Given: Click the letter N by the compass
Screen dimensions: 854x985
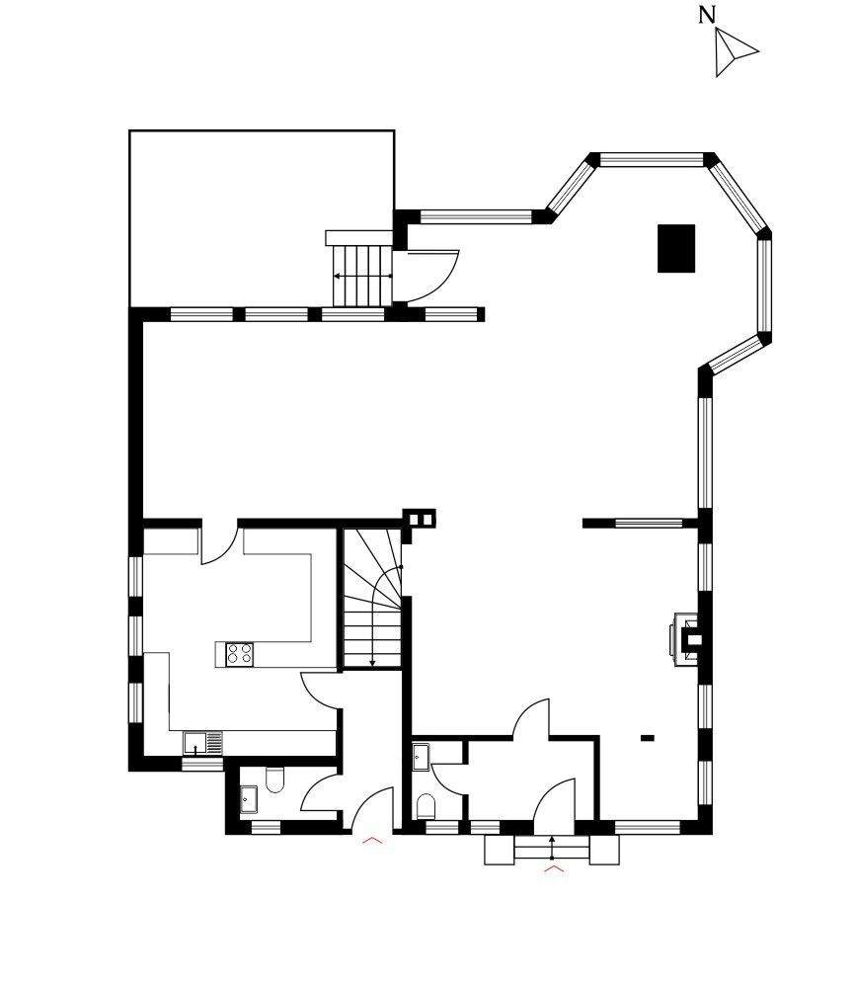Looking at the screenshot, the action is pos(707,15).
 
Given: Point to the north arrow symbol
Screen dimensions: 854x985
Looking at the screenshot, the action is pos(732,52).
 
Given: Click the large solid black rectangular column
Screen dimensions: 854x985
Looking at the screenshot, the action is pos(676,248).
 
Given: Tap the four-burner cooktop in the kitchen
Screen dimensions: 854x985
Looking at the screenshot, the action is pos(239,653).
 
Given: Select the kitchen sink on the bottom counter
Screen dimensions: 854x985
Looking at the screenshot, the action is pos(202,743).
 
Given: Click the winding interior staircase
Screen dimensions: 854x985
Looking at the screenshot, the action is pos(372,598).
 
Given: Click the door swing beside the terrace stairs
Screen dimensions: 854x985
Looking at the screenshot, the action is pos(433,277).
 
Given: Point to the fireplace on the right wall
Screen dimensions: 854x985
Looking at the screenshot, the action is pos(687,639).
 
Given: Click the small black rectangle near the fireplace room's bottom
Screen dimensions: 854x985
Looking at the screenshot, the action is pos(648,738).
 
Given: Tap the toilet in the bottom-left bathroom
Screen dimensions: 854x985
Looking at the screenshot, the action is pos(275,779).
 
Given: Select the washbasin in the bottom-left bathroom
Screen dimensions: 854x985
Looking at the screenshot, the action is pos(249,799).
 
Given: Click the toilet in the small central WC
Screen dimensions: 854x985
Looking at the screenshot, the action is pos(426,806).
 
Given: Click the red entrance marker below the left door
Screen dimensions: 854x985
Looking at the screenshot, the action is pos(372,840).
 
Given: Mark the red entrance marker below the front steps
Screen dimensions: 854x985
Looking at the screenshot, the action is pos(554,868).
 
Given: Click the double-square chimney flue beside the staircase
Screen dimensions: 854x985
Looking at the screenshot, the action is pos(421,519).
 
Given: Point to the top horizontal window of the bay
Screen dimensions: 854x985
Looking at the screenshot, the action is pos(651,160).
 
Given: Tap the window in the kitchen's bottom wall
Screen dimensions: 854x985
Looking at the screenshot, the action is pos(202,765).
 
